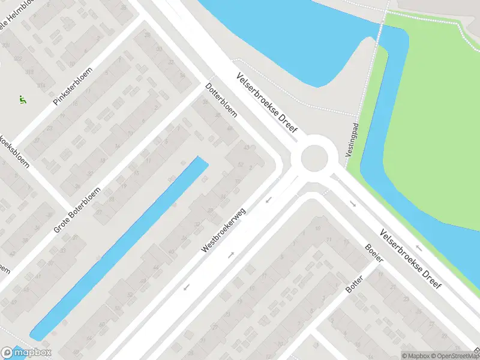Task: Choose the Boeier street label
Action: pyautogui.click(x=374, y=256)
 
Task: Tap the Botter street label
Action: pyautogui.click(x=355, y=284)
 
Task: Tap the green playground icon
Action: pyautogui.click(x=23, y=100)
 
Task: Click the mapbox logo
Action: pyautogui.click(x=26, y=353)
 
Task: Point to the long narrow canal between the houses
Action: pyautogui.click(x=120, y=246)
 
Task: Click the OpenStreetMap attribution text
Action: pyautogui.click(x=453, y=356)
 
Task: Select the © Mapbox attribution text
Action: pyautogui.click(x=415, y=356)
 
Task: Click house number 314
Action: pyautogui.click(x=41, y=86)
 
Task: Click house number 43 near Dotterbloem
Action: pyautogui.click(x=246, y=147)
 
